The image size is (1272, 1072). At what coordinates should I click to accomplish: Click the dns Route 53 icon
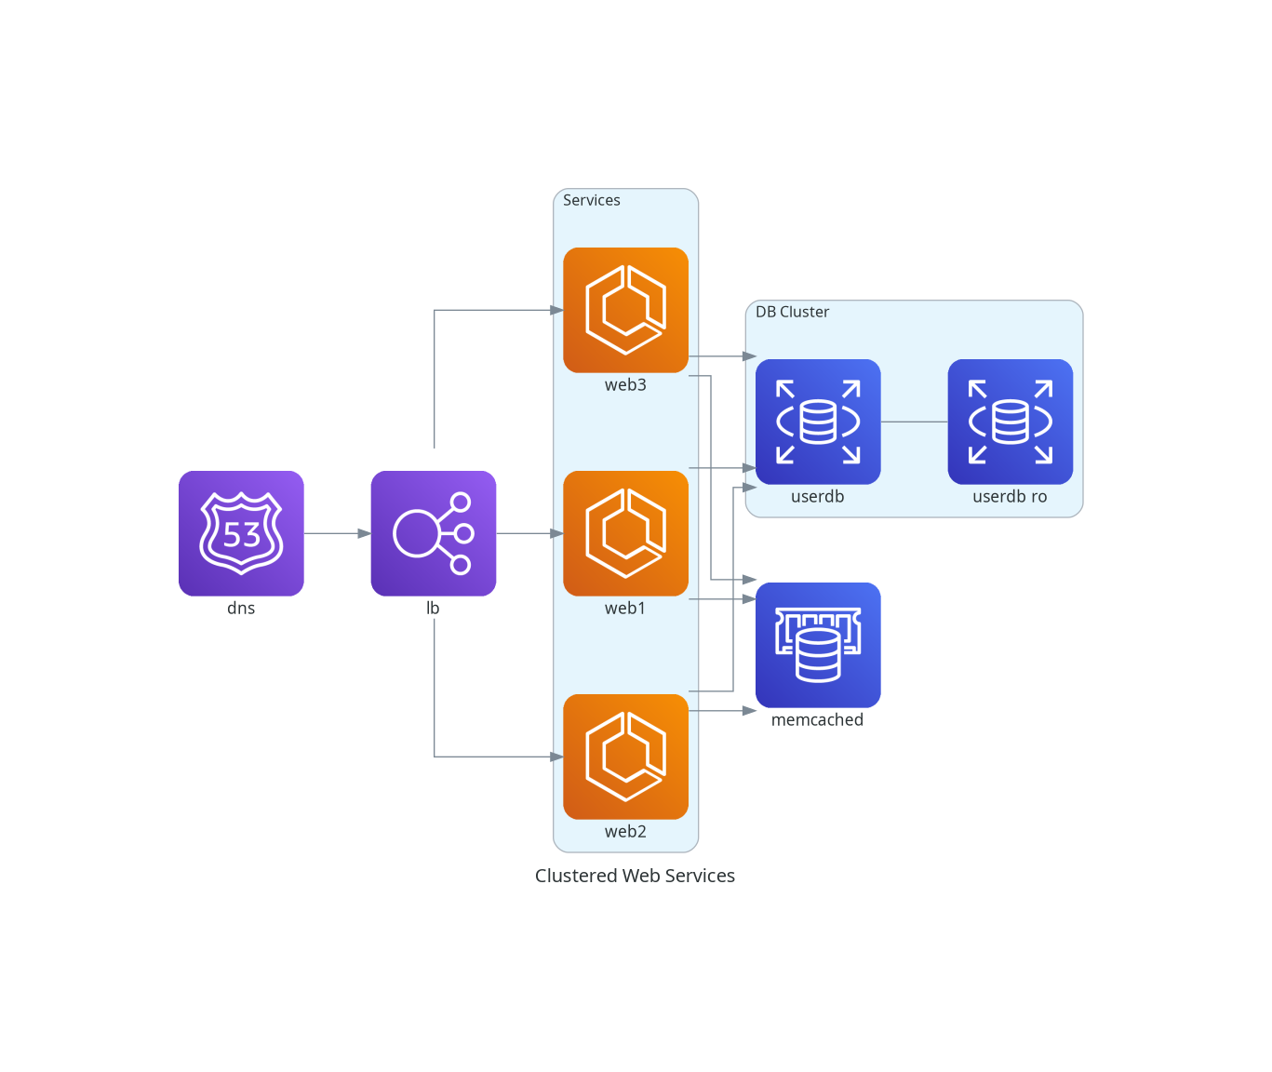[241, 533]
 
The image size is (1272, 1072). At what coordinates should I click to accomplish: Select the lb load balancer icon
[433, 533]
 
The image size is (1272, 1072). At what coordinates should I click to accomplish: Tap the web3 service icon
[625, 310]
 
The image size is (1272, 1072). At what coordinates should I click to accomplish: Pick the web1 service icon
[625, 533]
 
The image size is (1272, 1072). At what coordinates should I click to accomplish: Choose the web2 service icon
[625, 757]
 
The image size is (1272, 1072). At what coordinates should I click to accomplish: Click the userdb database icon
[817, 422]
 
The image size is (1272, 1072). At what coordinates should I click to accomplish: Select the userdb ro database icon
[1010, 422]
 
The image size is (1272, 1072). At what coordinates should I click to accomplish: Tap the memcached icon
[817, 645]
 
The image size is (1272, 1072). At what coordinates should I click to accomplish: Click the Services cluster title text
[591, 200]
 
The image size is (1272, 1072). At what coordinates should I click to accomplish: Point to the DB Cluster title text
[792, 312]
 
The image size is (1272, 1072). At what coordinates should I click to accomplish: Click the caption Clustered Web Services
[635, 876]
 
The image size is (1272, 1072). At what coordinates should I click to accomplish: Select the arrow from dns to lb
[337, 533]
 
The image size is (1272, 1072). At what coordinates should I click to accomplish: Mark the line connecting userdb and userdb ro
[914, 422]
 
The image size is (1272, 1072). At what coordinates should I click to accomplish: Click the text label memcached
[817, 720]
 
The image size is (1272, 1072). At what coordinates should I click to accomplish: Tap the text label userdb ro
[1010, 497]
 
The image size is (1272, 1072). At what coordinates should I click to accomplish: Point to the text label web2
[625, 832]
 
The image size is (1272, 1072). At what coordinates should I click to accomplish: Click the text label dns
[241, 609]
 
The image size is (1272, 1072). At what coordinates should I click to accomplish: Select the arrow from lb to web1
[529, 533]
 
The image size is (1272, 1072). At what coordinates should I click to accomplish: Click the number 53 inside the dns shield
[242, 535]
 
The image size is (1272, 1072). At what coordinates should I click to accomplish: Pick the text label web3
[625, 385]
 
